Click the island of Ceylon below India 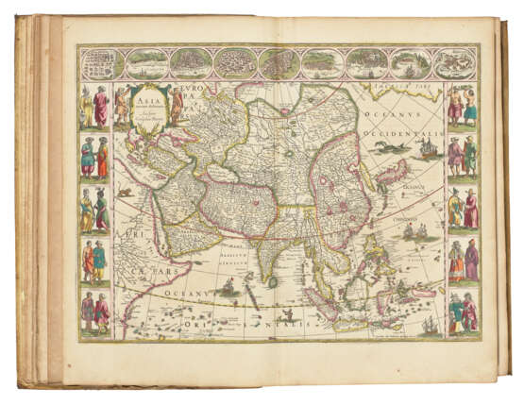[x=273, y=280]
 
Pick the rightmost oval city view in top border [x=455, y=63]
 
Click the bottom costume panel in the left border [x=94, y=311]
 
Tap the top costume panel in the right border [x=462, y=108]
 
